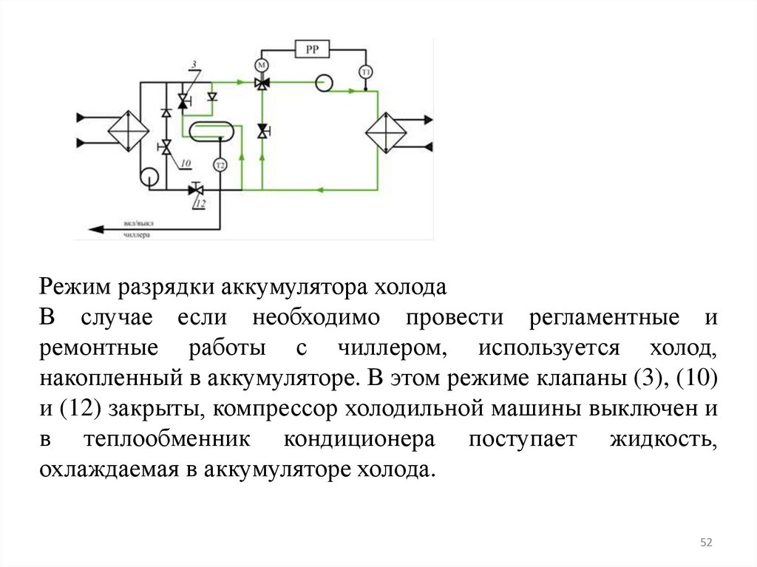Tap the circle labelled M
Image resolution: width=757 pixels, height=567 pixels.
pos(260,63)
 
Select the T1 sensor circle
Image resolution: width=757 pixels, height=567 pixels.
pos(365,72)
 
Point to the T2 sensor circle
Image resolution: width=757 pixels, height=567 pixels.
pos(220,165)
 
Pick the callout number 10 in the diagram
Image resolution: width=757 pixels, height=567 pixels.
pos(185,163)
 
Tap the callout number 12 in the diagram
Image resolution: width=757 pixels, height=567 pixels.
pos(200,203)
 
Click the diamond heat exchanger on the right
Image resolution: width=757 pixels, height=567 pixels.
pos(387,132)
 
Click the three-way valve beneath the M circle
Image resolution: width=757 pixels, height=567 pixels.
pos(261,84)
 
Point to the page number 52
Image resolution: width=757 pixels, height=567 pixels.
pos(706,543)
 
